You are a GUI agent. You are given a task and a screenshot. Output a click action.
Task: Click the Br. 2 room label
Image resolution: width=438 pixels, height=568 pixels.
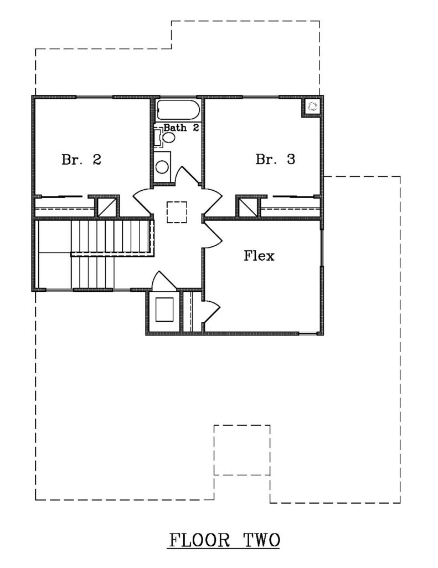81,159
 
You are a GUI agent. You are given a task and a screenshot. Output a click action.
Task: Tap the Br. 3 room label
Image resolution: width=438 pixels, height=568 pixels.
275,159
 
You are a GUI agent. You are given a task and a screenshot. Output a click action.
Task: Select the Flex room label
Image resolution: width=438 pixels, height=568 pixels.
259,256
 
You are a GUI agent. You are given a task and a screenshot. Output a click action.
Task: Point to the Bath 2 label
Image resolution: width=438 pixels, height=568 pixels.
181,128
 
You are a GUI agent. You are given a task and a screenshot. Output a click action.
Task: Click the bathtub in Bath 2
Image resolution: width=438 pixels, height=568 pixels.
178,110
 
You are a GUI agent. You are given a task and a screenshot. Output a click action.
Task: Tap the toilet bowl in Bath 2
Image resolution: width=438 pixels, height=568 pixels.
168,138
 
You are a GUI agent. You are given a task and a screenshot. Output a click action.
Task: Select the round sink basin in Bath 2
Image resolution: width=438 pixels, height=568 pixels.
162,167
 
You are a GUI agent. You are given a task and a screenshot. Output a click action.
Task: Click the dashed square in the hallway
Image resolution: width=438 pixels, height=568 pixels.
177,212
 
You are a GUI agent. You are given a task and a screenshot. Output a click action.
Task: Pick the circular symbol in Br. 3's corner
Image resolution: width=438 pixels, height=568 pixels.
312,106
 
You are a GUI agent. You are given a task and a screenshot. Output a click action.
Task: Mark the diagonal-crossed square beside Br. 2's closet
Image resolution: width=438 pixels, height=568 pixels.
106,207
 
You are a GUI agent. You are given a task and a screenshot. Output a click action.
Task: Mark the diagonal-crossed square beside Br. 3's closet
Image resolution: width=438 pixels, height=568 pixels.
248,207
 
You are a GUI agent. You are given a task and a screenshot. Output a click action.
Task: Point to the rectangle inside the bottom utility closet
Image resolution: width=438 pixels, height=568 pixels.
164,309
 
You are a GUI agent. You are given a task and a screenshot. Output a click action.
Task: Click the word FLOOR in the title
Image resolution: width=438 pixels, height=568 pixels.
199,540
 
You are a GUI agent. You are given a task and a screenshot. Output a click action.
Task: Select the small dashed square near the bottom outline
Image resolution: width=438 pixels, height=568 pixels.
242,450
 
